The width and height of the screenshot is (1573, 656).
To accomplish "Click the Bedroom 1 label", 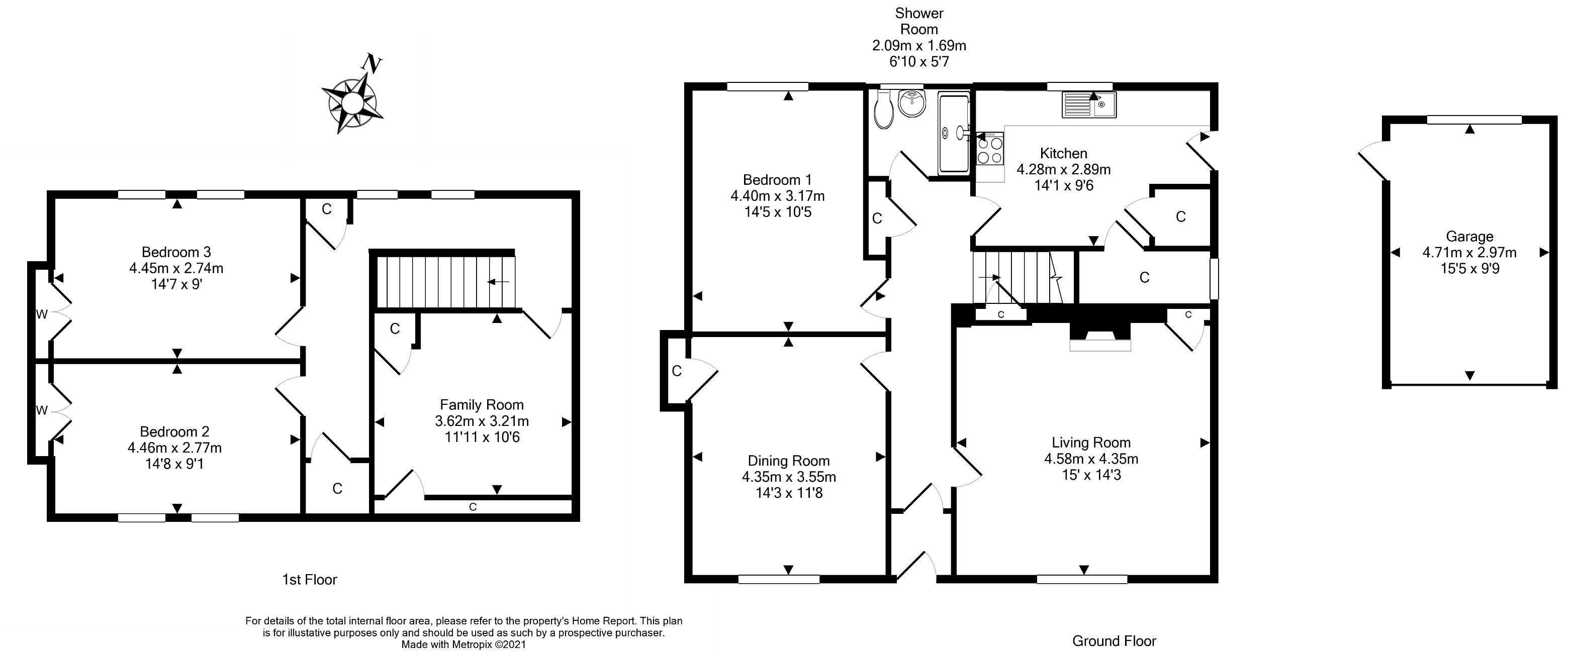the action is (777, 180).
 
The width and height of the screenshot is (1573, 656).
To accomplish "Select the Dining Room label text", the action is (788, 461).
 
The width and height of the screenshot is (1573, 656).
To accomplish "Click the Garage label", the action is (1469, 236).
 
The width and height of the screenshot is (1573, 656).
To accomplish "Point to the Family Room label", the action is (482, 404).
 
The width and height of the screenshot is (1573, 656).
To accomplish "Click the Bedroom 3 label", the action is (176, 252).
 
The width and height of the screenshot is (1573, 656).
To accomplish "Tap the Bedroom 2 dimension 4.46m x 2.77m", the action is (174, 448).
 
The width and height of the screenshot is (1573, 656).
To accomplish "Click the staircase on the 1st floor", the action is (446, 282).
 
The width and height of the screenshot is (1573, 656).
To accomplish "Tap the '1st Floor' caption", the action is (310, 579).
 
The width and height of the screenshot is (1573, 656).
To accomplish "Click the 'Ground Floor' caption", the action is (1114, 641).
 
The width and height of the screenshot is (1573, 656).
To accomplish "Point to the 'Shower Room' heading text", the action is (919, 21).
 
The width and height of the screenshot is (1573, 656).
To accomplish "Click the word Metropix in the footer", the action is (472, 644).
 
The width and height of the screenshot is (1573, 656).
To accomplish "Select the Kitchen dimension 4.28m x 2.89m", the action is (1063, 169).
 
